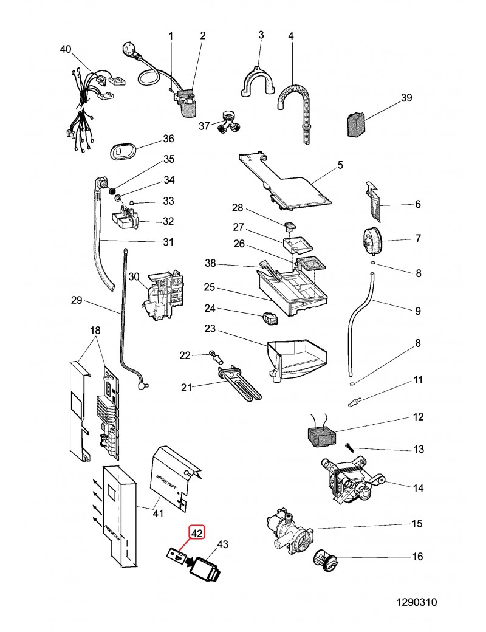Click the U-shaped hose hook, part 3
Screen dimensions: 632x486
pyautogui.click(x=256, y=83)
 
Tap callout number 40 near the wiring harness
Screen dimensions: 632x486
pyautogui.click(x=66, y=49)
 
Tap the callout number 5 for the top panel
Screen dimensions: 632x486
pyautogui.click(x=340, y=165)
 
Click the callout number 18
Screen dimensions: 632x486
pyautogui.click(x=95, y=331)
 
